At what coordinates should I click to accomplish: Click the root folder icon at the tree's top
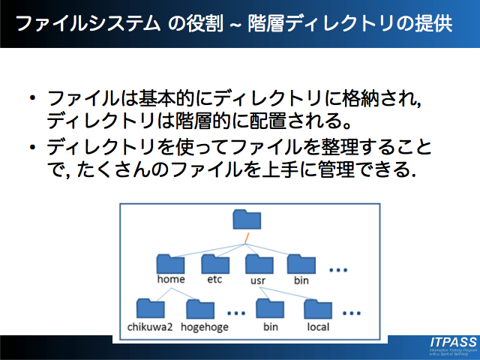[x=246, y=220]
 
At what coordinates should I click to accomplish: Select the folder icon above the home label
[x=171, y=263]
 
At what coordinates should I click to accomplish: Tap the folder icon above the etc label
[x=215, y=263]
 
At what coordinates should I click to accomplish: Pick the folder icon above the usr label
[x=259, y=263]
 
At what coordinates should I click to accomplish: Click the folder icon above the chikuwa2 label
[x=152, y=308]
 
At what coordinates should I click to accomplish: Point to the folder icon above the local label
[x=318, y=308]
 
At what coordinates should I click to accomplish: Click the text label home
[x=171, y=280]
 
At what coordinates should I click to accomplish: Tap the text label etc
[x=215, y=280]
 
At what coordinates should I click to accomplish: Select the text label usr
[x=259, y=280]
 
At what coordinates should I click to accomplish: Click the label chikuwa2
[x=151, y=327]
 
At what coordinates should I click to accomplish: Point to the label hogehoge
[x=203, y=327]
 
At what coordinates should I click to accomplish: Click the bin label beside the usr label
[x=301, y=280]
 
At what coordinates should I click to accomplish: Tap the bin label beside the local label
[x=270, y=327]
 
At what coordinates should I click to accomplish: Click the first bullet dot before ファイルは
[x=32, y=98]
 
